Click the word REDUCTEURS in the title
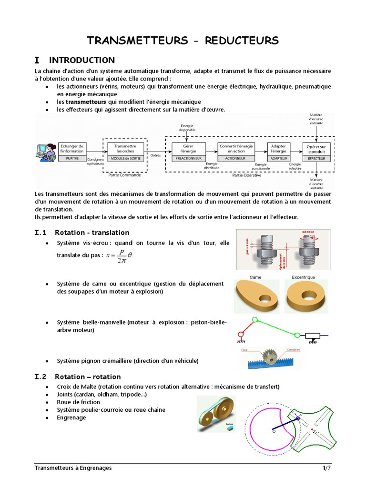click(x=242, y=41)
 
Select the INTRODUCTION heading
click(x=82, y=60)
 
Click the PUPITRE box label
click(x=72, y=158)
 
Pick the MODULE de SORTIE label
click(x=125, y=158)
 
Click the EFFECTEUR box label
click(x=316, y=158)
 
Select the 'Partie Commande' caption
click(x=124, y=175)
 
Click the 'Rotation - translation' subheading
click(x=92, y=233)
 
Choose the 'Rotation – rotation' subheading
click(x=88, y=377)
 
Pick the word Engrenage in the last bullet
click(x=71, y=417)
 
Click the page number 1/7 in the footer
click(x=326, y=468)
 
